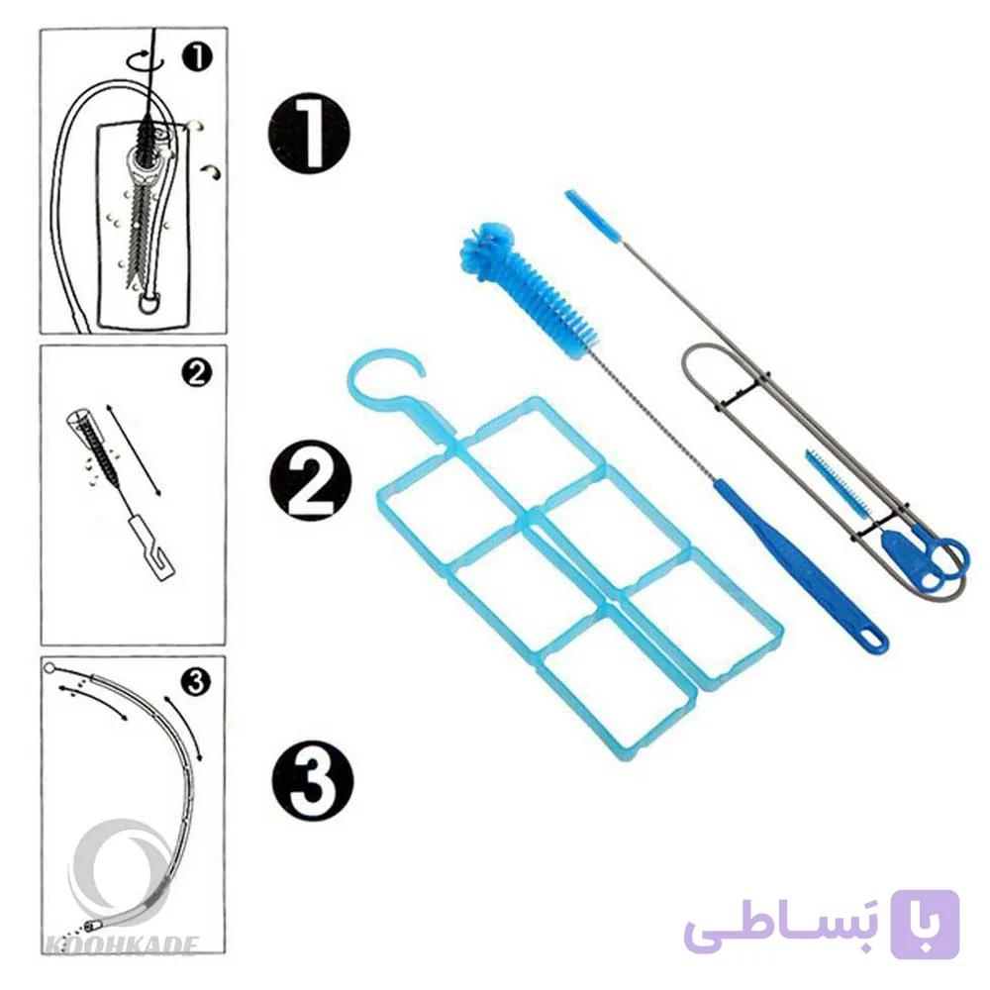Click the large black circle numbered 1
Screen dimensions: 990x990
(x=309, y=134)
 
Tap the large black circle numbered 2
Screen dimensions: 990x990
(x=310, y=480)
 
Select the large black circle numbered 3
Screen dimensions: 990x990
(x=313, y=780)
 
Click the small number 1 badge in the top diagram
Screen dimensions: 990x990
(x=197, y=57)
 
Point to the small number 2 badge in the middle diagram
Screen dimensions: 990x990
(x=197, y=372)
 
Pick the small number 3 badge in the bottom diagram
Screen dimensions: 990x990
(x=196, y=682)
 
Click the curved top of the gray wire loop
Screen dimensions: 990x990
(x=695, y=351)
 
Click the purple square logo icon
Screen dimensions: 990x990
(x=925, y=924)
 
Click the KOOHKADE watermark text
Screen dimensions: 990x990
(x=120, y=945)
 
